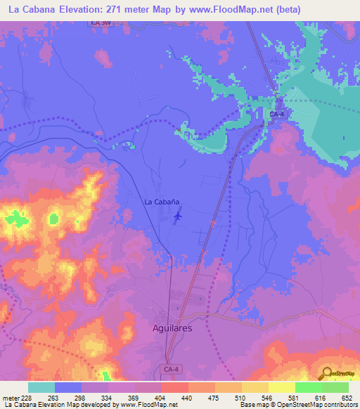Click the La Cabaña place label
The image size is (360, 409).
coord(162,202)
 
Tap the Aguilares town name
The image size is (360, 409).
coord(172,328)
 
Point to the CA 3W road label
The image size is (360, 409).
coord(101,24)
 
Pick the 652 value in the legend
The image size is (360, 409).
coord(348,397)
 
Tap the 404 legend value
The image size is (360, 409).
coord(161,397)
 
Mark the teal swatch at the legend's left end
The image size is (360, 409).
coord(41,387)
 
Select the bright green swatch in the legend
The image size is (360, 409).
coord(308,387)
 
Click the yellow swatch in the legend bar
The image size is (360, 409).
coord(281,387)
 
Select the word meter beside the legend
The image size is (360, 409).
coord(11,397)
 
